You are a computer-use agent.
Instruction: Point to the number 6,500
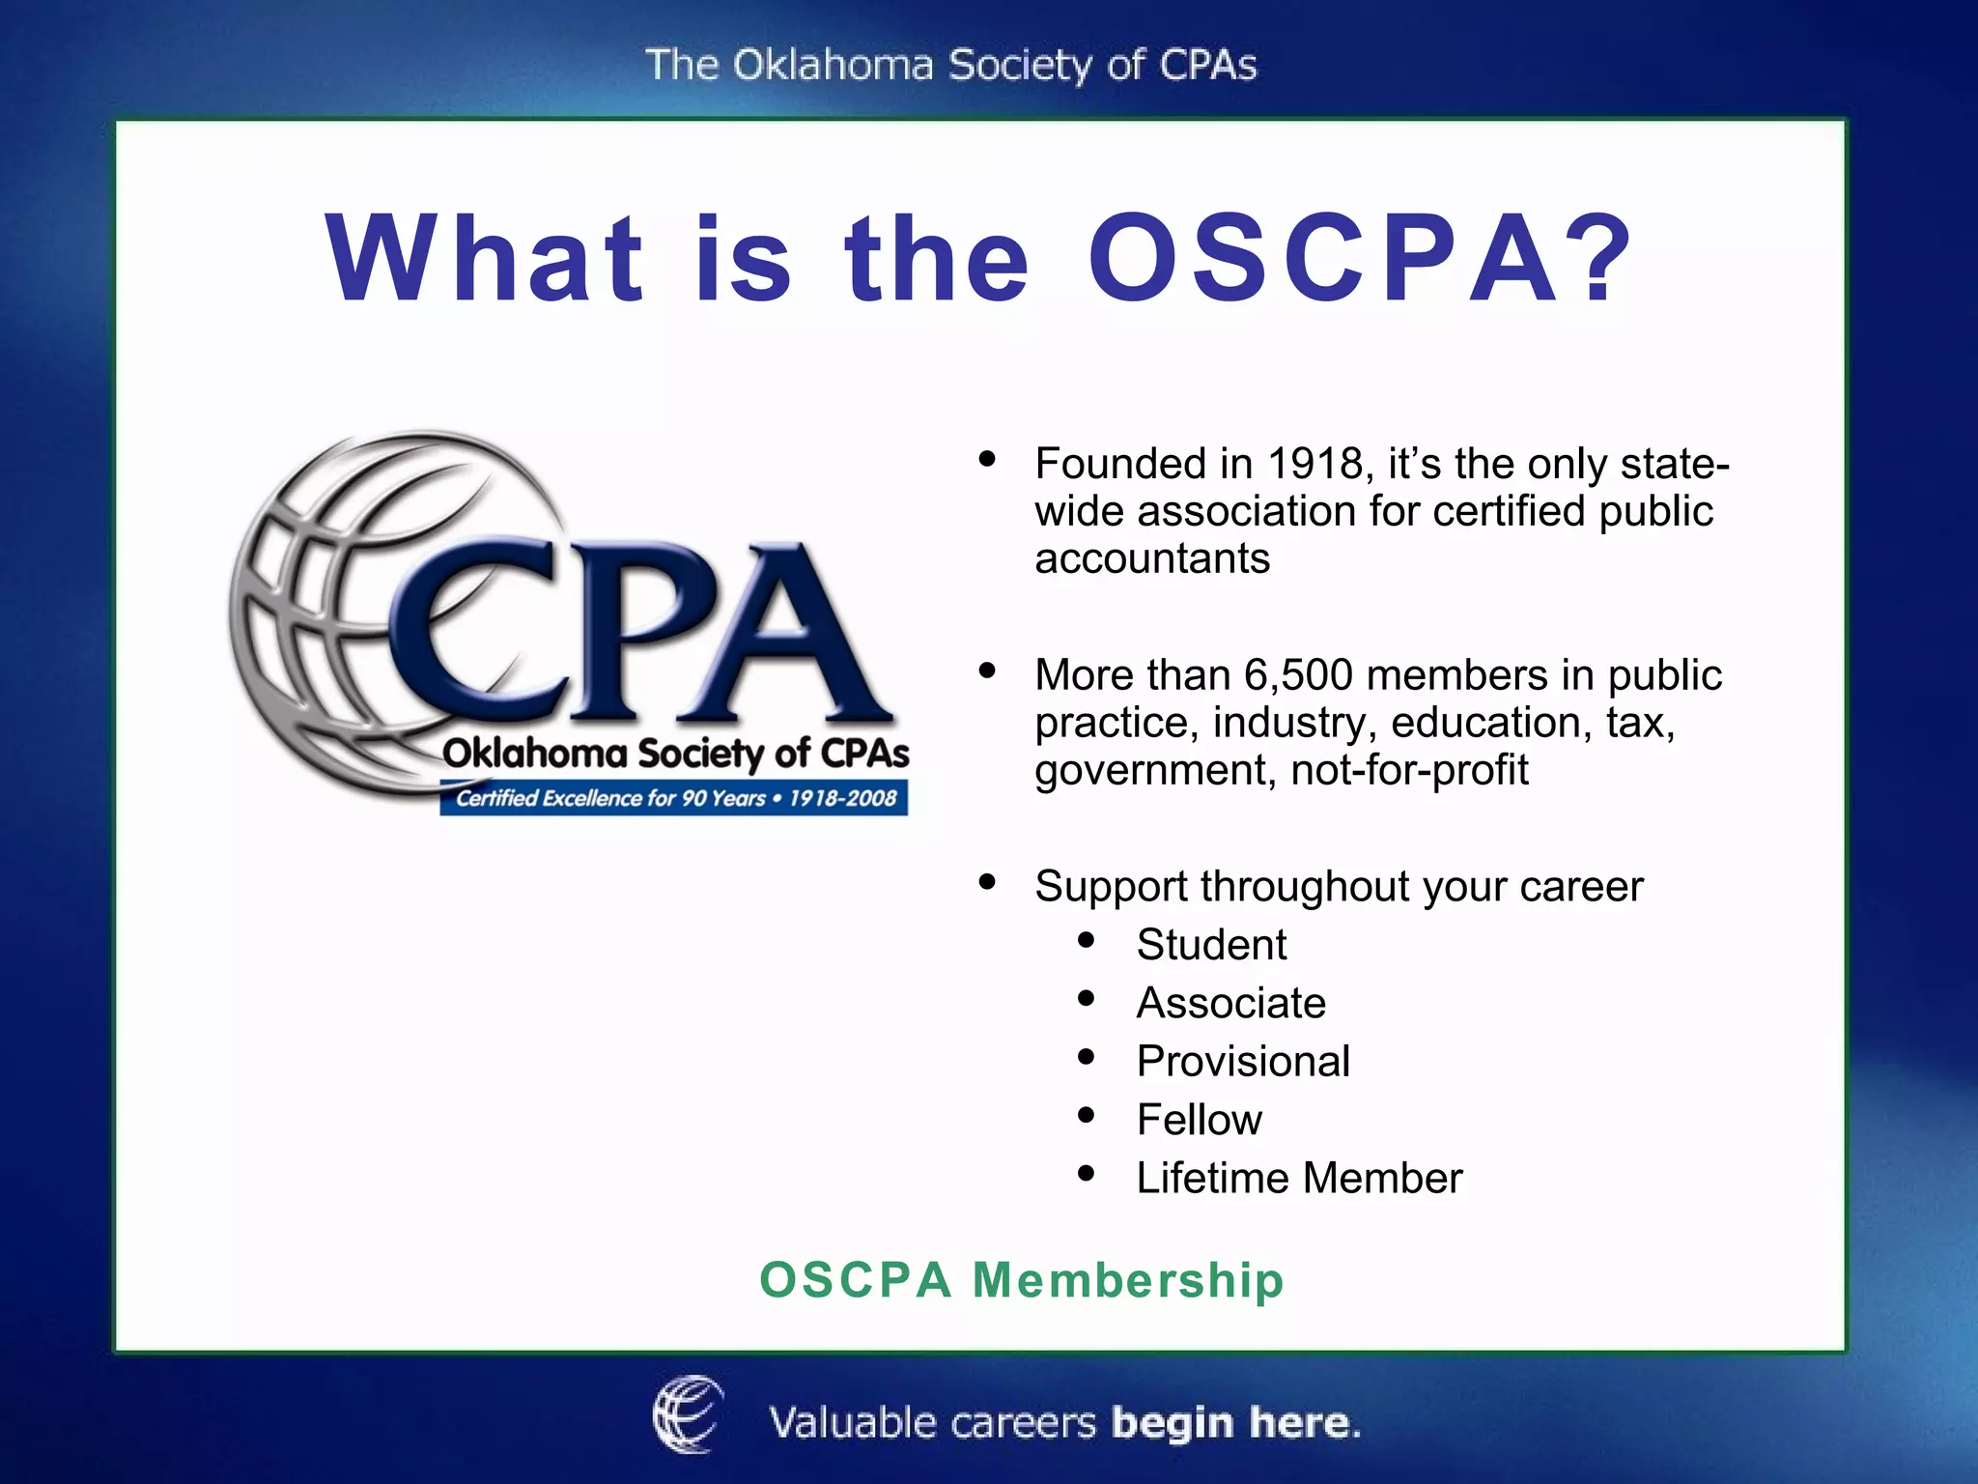click(x=1298, y=675)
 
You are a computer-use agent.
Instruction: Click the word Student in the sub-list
click(x=1211, y=945)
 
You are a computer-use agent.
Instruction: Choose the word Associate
click(x=1230, y=1003)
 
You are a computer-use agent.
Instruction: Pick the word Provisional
click(x=1243, y=1062)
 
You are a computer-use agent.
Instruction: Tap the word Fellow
click(x=1199, y=1120)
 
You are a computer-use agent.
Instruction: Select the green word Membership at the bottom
click(x=1127, y=1280)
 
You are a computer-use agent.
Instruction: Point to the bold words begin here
click(x=1235, y=1423)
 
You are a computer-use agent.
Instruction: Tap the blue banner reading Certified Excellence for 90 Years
click(x=674, y=799)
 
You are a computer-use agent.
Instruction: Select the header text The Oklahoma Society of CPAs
click(x=951, y=66)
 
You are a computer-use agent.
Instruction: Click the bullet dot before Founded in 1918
click(x=986, y=459)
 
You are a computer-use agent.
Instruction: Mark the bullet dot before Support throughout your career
click(x=986, y=881)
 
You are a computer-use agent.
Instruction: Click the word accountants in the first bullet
click(x=1152, y=559)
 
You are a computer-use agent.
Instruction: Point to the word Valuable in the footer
click(x=853, y=1423)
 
